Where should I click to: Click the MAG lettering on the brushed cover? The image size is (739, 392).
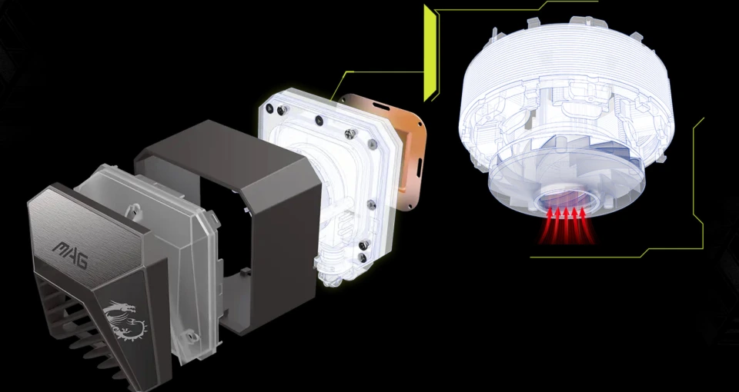[70, 254]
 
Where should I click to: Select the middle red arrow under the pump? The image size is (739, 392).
[567, 225]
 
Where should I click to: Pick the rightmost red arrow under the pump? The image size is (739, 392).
[587, 225]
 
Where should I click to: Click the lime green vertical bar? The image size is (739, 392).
[429, 53]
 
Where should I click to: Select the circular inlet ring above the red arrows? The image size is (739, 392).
[567, 202]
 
